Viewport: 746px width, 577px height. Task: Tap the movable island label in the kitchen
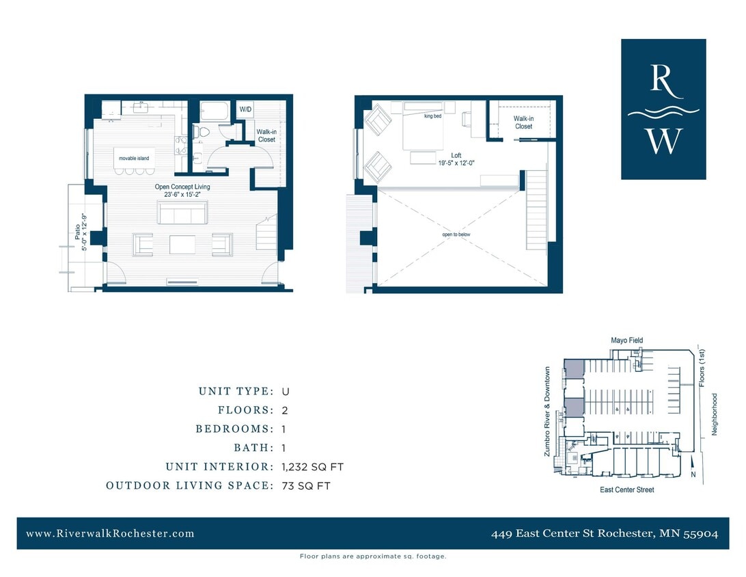pyautogui.click(x=133, y=159)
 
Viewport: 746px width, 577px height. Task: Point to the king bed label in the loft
pyautogui.click(x=433, y=116)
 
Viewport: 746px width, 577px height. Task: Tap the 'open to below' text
pyautogui.click(x=456, y=234)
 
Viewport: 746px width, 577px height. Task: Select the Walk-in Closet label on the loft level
pyautogui.click(x=523, y=122)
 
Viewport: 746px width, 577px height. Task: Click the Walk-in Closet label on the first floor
pyautogui.click(x=266, y=135)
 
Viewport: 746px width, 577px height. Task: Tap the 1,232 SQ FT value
pyautogui.click(x=312, y=467)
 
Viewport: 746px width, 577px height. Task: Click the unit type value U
pyautogui.click(x=286, y=392)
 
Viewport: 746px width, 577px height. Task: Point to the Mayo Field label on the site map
pyautogui.click(x=626, y=340)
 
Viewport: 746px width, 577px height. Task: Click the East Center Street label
pyautogui.click(x=626, y=489)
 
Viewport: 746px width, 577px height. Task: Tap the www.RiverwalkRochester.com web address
pyautogui.click(x=110, y=533)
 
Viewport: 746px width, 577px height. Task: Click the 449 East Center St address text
pyautogui.click(x=604, y=534)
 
